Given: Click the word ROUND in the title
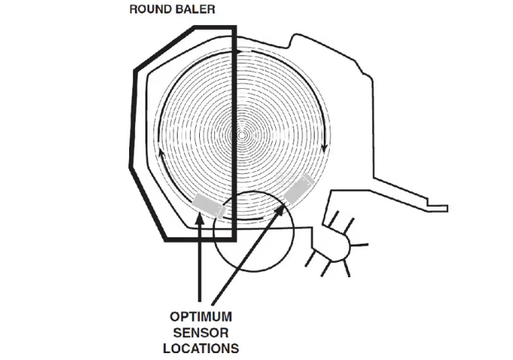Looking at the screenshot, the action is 150,9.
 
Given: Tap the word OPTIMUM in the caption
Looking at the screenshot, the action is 201,317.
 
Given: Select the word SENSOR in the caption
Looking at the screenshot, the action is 201,333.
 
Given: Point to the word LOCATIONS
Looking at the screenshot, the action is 201,349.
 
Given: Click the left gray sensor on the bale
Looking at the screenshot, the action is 208,205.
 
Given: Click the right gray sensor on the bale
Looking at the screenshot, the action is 299,188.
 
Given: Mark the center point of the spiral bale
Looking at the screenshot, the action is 242,134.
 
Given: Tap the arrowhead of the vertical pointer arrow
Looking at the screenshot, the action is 200,218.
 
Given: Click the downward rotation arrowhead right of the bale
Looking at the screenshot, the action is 325,148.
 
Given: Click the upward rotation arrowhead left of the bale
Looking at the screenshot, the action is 160,153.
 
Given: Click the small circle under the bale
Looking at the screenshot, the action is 254,231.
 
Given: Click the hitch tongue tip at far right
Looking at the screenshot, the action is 447,208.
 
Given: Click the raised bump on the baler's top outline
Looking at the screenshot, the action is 298,39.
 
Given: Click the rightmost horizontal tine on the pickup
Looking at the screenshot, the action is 359,245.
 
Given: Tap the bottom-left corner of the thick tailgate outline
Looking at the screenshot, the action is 166,240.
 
